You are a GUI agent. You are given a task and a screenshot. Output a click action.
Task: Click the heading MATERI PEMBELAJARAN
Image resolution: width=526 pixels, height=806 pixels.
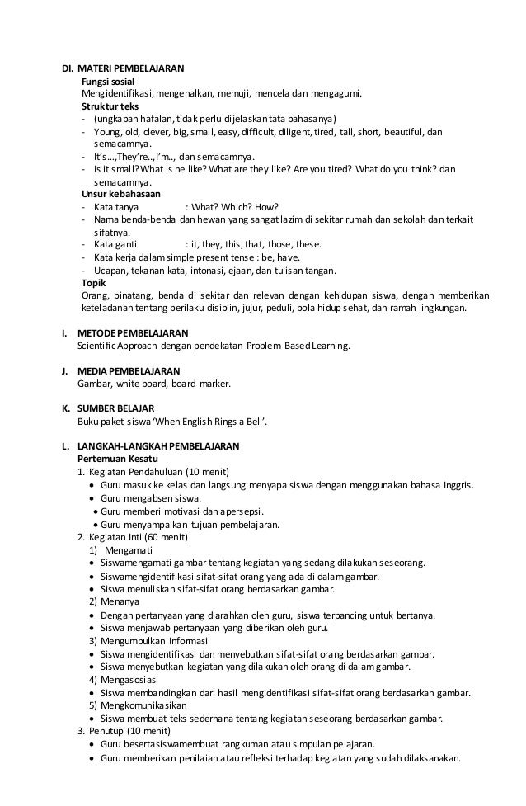[x=137, y=68]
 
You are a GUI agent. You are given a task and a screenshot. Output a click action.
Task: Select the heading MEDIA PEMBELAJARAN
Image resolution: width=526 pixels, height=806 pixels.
[x=128, y=370]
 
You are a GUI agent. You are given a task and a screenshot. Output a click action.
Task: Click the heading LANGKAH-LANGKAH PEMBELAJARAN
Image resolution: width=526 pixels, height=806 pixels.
[x=157, y=446]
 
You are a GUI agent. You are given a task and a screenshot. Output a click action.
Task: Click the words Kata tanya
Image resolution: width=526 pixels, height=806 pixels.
[x=116, y=206]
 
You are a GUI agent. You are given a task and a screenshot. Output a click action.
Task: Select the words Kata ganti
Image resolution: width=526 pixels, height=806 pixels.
[x=115, y=244]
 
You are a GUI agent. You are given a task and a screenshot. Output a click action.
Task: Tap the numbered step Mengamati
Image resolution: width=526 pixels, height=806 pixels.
[x=129, y=549]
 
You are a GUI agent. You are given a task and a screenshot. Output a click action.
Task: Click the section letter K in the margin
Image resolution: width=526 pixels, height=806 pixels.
[x=65, y=408]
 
